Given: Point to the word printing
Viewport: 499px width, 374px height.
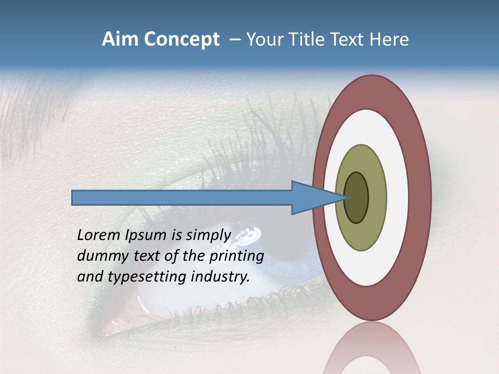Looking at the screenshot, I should point(237,256).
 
